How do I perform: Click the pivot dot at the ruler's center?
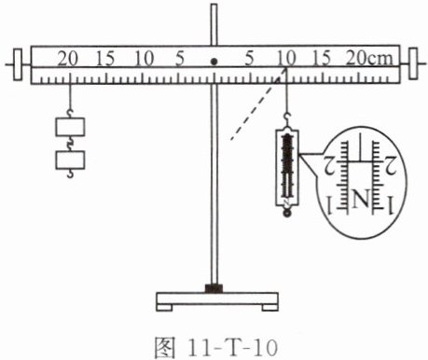[x=214, y=62]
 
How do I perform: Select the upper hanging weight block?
[x=70, y=127]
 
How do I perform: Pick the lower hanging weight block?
[x=70, y=160]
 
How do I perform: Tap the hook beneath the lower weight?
[x=70, y=173]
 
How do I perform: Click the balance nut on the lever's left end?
[x=18, y=64]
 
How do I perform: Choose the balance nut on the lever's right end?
[x=413, y=63]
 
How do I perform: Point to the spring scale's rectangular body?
[x=287, y=168]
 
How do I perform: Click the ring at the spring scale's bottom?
[x=287, y=213]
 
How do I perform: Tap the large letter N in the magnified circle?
[x=361, y=198]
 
